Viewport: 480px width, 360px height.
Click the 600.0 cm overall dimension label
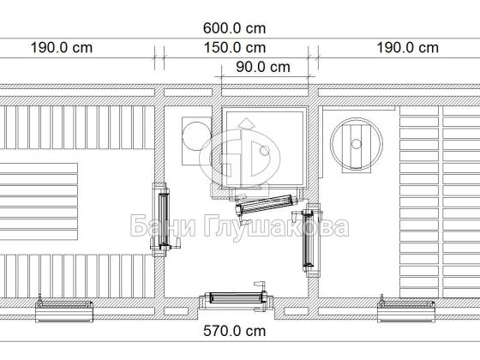click(x=235, y=28)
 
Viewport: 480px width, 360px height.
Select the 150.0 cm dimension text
click(x=235, y=48)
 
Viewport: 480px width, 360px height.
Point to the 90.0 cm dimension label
click(x=263, y=67)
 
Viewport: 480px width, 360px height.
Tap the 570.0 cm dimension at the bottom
click(x=235, y=331)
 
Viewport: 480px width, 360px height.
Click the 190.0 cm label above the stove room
click(x=407, y=48)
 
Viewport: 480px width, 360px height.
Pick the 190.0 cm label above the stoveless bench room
click(x=62, y=48)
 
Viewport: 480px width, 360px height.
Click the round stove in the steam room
click(x=357, y=144)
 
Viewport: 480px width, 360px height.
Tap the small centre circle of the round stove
click(x=356, y=144)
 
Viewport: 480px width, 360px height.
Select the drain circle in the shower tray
click(x=265, y=151)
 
